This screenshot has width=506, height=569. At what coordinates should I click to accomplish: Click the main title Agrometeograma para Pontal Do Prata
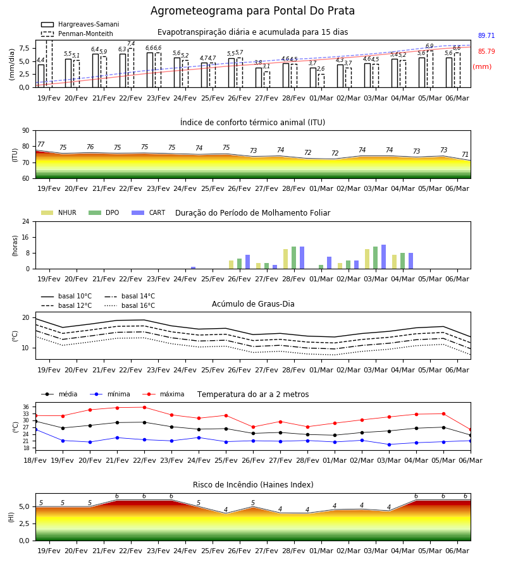(x=252, y=11)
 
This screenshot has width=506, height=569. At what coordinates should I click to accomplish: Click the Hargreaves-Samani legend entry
(x=80, y=24)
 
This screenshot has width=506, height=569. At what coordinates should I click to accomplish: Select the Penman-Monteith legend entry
(x=77, y=34)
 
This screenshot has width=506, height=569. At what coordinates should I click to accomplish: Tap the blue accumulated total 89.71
(x=486, y=35)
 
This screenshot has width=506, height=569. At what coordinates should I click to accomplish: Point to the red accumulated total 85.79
(x=486, y=52)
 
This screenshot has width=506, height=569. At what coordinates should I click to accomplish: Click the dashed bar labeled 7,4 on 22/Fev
(x=131, y=68)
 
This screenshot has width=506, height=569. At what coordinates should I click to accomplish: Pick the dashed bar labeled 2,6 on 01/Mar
(x=321, y=80)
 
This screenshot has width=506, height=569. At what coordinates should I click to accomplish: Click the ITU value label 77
(x=40, y=144)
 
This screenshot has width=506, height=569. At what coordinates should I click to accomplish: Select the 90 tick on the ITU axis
(x=26, y=131)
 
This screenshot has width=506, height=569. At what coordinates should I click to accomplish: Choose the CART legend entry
(x=149, y=212)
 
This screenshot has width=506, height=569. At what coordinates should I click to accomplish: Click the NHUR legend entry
(x=59, y=212)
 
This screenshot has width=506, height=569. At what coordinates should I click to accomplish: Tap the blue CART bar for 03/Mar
(x=384, y=257)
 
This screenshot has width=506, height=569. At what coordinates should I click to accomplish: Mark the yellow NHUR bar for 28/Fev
(x=286, y=259)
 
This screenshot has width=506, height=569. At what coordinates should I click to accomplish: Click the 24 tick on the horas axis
(x=26, y=221)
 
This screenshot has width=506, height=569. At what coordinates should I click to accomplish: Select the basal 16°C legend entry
(x=130, y=305)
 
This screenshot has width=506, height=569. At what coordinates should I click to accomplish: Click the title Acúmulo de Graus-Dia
(x=253, y=304)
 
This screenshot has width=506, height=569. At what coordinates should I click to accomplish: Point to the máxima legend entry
(x=163, y=394)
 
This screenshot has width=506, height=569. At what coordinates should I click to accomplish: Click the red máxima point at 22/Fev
(x=144, y=408)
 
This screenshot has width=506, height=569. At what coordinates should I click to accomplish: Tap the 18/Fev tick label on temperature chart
(x=35, y=460)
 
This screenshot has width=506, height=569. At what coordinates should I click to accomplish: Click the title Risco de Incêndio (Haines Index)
(x=253, y=485)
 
